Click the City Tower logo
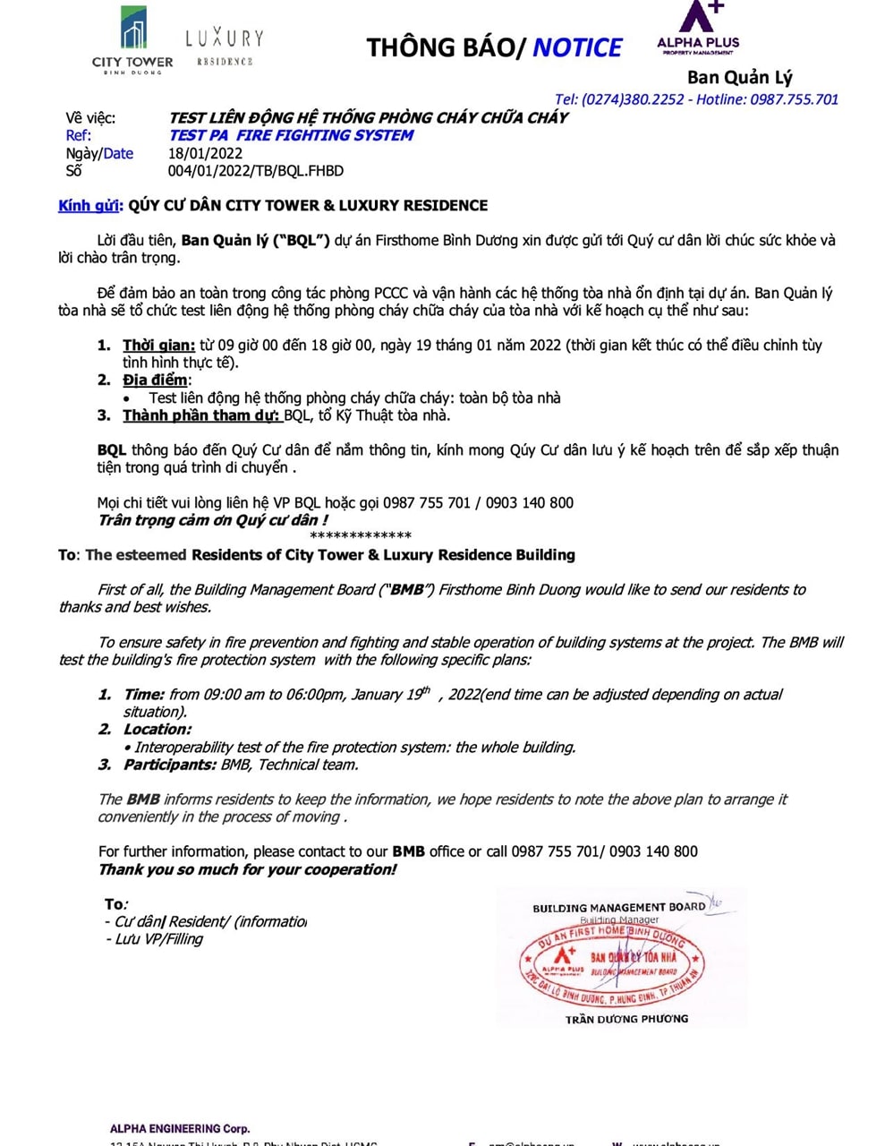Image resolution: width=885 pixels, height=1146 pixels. pyautogui.click(x=132, y=40)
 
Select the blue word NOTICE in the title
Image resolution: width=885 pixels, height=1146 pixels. pyautogui.click(x=577, y=47)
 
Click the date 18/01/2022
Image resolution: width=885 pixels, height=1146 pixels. pyautogui.click(x=205, y=153)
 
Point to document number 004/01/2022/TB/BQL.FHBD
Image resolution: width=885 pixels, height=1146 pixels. pyautogui.click(x=255, y=171)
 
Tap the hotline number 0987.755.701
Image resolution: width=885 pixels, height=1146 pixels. pyautogui.click(x=795, y=99)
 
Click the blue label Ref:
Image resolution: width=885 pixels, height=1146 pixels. pyautogui.click(x=78, y=135)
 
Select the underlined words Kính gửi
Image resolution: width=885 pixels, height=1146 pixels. pyautogui.click(x=88, y=206)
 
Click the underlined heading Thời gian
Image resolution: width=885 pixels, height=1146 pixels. pyautogui.click(x=158, y=346)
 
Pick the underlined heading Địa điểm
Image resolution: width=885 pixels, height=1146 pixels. pyautogui.click(x=155, y=381)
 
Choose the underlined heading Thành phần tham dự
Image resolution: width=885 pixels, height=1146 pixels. pyautogui.click(x=200, y=415)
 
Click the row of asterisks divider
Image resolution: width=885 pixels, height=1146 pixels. pyautogui.click(x=360, y=536)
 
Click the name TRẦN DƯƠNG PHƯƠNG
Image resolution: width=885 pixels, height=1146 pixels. pyautogui.click(x=626, y=1019)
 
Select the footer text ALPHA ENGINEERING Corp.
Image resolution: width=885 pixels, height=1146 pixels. pyautogui.click(x=180, y=1129)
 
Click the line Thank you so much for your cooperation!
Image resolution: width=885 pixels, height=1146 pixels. pyautogui.click(x=247, y=869)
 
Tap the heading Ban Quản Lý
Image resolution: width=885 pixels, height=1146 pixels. pyautogui.click(x=739, y=77)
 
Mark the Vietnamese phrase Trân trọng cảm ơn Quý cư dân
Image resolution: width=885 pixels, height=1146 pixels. pyautogui.click(x=212, y=520)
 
